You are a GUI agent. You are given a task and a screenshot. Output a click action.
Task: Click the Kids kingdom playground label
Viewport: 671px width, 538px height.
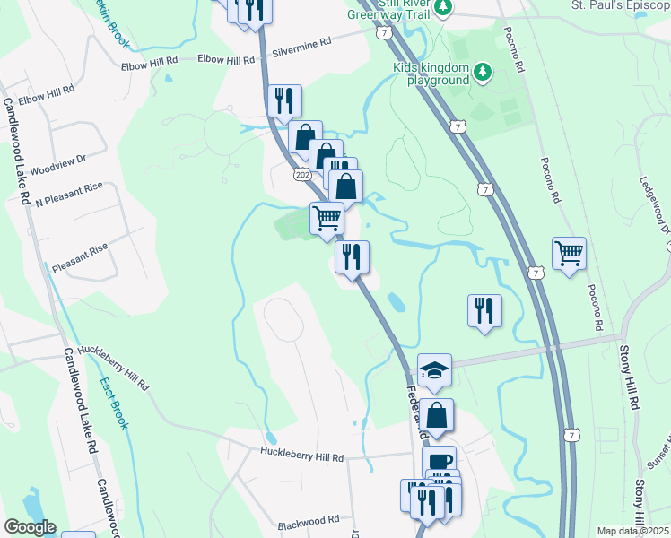431,73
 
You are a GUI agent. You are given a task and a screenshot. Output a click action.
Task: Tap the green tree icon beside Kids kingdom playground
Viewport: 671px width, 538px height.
483,71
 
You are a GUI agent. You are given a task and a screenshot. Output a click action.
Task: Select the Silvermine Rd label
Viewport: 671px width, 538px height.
302,42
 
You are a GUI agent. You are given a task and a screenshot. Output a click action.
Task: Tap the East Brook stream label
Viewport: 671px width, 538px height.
114,401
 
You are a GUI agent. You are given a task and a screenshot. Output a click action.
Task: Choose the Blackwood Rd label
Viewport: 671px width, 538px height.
308,519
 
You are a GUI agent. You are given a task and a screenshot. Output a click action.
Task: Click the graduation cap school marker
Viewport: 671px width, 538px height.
434,369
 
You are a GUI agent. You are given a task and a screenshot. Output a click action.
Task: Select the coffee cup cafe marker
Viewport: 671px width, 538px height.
439,462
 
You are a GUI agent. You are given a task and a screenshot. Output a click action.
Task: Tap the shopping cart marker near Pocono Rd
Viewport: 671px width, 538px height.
569,254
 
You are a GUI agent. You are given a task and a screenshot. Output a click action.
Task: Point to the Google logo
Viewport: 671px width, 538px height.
29,527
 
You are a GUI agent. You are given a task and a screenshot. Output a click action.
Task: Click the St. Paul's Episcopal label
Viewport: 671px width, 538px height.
620,5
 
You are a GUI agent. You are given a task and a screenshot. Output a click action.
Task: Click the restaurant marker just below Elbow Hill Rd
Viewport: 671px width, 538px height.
285,100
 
